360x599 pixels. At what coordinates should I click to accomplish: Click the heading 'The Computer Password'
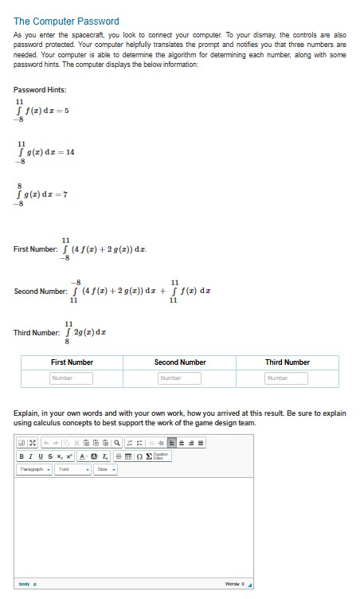[66, 22]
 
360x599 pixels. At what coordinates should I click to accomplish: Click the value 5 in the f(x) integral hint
[68, 112]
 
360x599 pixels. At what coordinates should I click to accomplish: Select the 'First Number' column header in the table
[72, 362]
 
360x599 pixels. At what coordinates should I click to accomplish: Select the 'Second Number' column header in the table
[180, 362]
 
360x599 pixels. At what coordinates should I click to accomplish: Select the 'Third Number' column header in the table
[287, 362]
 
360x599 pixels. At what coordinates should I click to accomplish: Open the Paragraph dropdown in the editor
[33, 470]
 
